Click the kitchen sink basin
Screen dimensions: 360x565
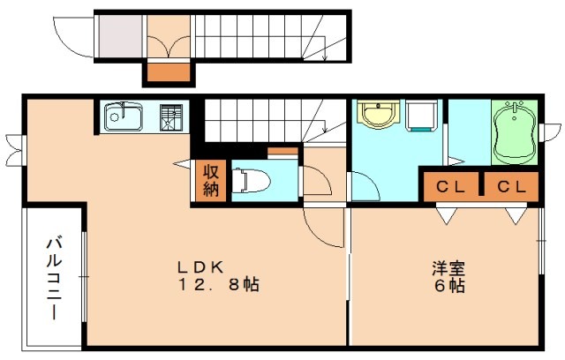click(x=124, y=116)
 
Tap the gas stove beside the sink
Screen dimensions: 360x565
click(x=172, y=116)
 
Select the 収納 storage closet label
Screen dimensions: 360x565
click(x=211, y=180)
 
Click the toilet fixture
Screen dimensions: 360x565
click(x=249, y=180)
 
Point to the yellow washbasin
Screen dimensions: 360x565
click(x=378, y=115)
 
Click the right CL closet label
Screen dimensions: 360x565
click(x=509, y=186)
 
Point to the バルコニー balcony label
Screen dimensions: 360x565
click(x=53, y=275)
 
